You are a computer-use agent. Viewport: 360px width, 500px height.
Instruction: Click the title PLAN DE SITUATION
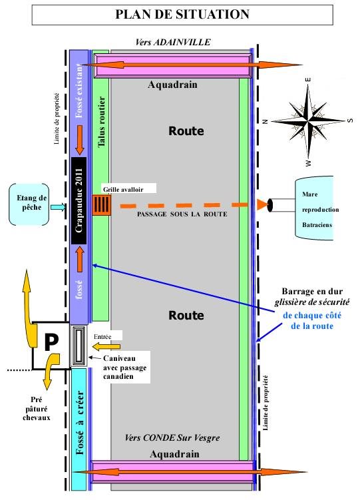182,15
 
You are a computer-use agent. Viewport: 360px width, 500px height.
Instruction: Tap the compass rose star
308,121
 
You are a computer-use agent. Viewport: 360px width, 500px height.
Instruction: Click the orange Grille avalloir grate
102,204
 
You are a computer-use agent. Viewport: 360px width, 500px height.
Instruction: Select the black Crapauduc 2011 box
79,200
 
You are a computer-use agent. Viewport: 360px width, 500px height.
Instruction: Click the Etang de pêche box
29,204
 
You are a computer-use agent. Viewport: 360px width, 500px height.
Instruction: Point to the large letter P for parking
51,342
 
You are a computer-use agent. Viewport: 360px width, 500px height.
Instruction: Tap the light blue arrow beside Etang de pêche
59,208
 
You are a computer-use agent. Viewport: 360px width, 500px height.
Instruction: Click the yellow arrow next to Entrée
106,346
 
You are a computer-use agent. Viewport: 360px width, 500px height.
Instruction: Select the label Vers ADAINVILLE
172,42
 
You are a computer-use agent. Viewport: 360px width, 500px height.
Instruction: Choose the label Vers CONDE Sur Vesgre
172,437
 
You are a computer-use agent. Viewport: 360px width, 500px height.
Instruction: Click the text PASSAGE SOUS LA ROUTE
182,214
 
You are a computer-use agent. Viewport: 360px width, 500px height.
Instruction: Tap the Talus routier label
101,122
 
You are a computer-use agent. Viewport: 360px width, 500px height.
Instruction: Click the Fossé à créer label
80,423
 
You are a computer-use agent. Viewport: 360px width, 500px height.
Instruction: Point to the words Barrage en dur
312,291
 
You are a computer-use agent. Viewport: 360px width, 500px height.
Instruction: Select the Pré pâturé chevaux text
37,409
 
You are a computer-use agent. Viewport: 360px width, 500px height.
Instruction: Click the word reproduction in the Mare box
320,210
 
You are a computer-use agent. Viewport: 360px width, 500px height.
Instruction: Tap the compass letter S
350,121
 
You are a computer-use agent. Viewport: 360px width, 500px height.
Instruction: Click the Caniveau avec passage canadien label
124,368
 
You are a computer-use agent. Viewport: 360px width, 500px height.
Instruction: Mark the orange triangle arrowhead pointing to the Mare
262,204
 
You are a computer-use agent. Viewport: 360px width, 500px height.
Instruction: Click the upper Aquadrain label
172,85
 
